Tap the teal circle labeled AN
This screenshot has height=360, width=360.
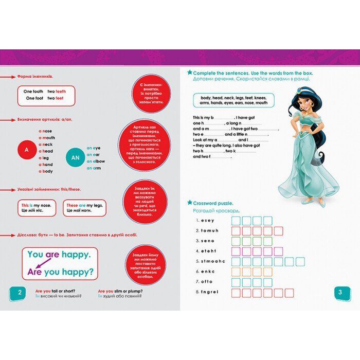pyautogui.click(x=75, y=157)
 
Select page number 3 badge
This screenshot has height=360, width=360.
pyautogui.click(x=340, y=293)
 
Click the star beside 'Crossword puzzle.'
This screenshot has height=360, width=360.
pyautogui.click(x=190, y=203)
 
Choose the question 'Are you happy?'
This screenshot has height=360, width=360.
pyautogui.click(x=60, y=271)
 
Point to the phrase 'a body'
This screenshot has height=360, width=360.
pyautogui.click(x=45, y=171)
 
